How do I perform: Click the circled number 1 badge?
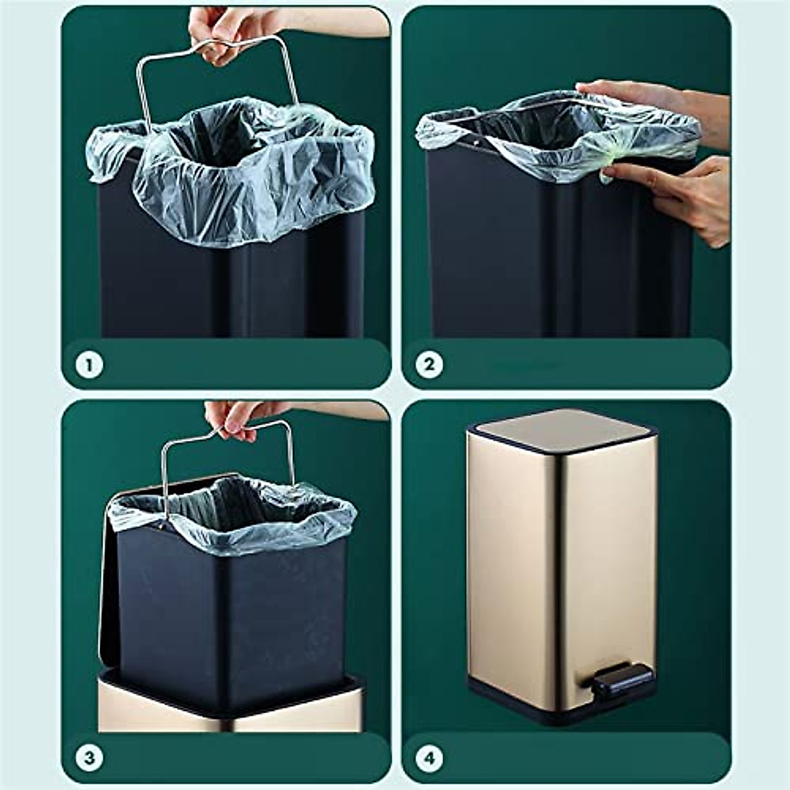coord(90,364)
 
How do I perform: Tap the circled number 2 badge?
coord(429,364)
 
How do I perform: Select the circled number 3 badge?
coord(90,758)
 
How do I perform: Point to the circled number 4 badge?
coord(429,758)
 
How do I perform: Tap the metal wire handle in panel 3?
coord(165,474)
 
